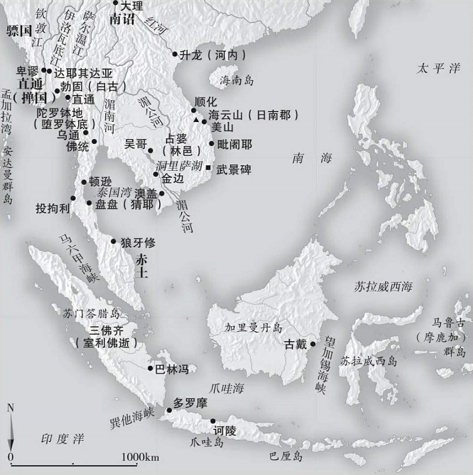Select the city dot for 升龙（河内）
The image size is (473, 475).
pyautogui.click(x=175, y=54)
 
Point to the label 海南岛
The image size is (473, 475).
pyautogui.click(x=236, y=79)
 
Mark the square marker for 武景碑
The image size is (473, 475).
pyautogui.click(x=209, y=167)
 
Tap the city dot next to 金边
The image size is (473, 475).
pyautogui.click(x=156, y=174)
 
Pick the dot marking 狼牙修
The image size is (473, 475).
pyautogui.click(x=114, y=242)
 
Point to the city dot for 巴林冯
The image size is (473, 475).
pyautogui.click(x=150, y=369)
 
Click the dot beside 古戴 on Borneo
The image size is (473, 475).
pyautogui.click(x=312, y=345)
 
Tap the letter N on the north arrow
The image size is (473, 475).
pyautogui.click(x=10, y=408)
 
